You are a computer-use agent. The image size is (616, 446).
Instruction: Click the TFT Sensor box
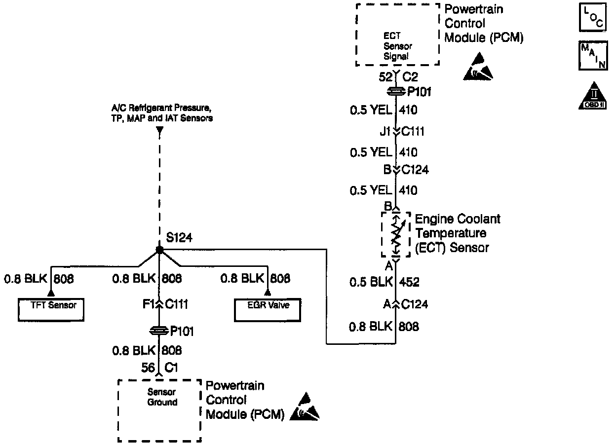pos(51,309)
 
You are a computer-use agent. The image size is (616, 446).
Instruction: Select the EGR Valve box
pos(268,309)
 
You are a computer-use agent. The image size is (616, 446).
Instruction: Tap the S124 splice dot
pos(159,250)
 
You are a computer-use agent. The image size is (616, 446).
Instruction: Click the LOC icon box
pos(592,17)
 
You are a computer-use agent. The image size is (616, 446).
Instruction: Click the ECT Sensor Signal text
pos(397,46)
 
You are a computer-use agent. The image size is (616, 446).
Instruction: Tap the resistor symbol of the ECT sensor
pos(396,234)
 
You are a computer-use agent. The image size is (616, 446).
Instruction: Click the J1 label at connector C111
pos(385,132)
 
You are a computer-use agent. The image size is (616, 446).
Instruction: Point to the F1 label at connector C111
pos(147,305)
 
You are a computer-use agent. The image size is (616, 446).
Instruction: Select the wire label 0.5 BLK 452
pos(384,282)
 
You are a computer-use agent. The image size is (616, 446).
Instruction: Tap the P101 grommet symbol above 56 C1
pos(159,331)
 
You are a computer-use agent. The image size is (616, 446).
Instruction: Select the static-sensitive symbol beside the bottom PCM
pos(305,408)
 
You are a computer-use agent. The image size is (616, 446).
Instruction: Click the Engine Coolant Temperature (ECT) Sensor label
pos(457,233)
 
